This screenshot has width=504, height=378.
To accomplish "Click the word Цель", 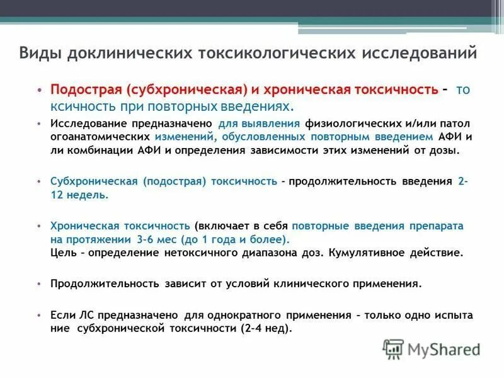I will pos(63,253).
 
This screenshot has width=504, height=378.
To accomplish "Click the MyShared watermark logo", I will pos(431,348).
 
